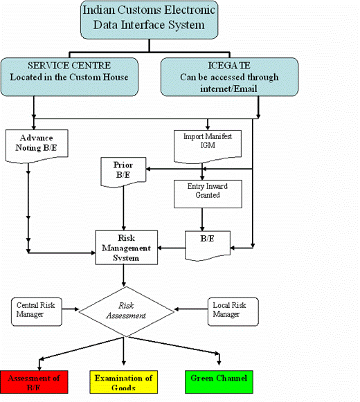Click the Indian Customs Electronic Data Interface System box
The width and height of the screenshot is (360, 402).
[x=150, y=20]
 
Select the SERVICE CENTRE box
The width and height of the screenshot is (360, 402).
[x=69, y=77]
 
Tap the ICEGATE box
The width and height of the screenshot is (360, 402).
[x=229, y=77]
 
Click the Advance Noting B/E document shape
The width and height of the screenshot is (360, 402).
[x=37, y=146]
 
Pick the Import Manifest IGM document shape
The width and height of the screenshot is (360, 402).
[x=208, y=146]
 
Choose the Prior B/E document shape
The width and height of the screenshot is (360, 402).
[x=123, y=172]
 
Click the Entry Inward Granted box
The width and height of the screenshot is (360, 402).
[x=208, y=194]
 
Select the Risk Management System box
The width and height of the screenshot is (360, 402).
[x=127, y=248]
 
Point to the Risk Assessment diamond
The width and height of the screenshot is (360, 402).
[x=126, y=311]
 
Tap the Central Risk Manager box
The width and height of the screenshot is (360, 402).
[x=37, y=311]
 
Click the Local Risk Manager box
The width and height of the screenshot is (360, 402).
[x=233, y=311]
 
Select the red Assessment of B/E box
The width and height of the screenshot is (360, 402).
[x=34, y=382]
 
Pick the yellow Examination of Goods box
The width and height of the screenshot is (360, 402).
[x=123, y=382]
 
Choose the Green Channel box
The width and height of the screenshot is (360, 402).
[x=219, y=382]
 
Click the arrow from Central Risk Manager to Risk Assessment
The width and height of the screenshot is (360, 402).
[x=71, y=309]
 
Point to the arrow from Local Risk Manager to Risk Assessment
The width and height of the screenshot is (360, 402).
[x=191, y=309]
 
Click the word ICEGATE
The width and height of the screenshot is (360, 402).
[x=229, y=65]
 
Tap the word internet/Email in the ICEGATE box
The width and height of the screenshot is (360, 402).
[x=228, y=89]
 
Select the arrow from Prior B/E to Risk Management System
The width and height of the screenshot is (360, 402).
[x=124, y=208]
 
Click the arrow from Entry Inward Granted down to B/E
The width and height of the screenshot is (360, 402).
[x=202, y=219]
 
